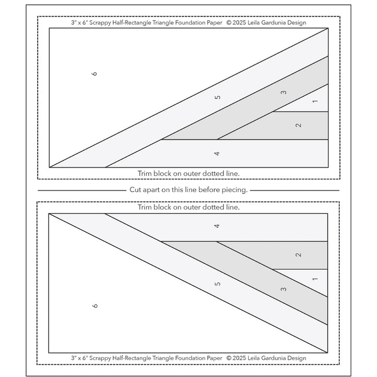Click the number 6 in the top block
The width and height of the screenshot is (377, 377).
point(94,74)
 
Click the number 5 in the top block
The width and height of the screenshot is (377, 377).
point(217,97)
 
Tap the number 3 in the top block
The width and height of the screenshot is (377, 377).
point(283,93)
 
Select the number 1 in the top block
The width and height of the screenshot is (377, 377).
point(314,101)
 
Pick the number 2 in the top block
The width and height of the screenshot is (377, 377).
point(298,125)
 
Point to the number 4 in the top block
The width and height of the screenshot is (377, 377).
point(217,153)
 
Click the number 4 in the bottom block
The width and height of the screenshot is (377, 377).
point(217,226)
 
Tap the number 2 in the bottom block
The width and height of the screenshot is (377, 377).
point(298,254)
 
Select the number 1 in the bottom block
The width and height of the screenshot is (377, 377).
point(314,279)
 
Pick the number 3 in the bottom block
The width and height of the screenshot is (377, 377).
point(283,289)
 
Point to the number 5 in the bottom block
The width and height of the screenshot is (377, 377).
point(217,283)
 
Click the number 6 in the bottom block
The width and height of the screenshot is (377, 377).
point(94,305)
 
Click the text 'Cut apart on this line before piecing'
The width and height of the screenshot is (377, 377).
point(188,190)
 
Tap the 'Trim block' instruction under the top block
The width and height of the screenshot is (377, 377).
point(188,172)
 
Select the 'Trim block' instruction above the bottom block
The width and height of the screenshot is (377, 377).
point(188,207)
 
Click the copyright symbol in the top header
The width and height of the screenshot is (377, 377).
point(229,23)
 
